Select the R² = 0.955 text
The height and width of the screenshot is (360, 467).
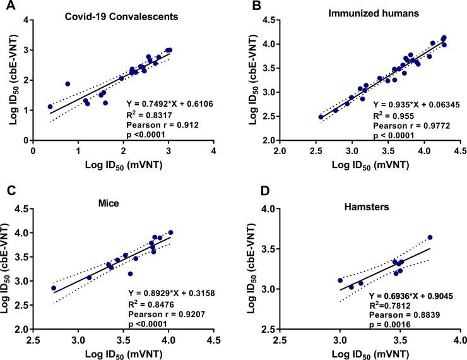tap(393, 116)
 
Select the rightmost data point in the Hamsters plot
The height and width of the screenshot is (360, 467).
tap(430, 237)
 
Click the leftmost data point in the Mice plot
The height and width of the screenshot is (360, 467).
tap(54, 288)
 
